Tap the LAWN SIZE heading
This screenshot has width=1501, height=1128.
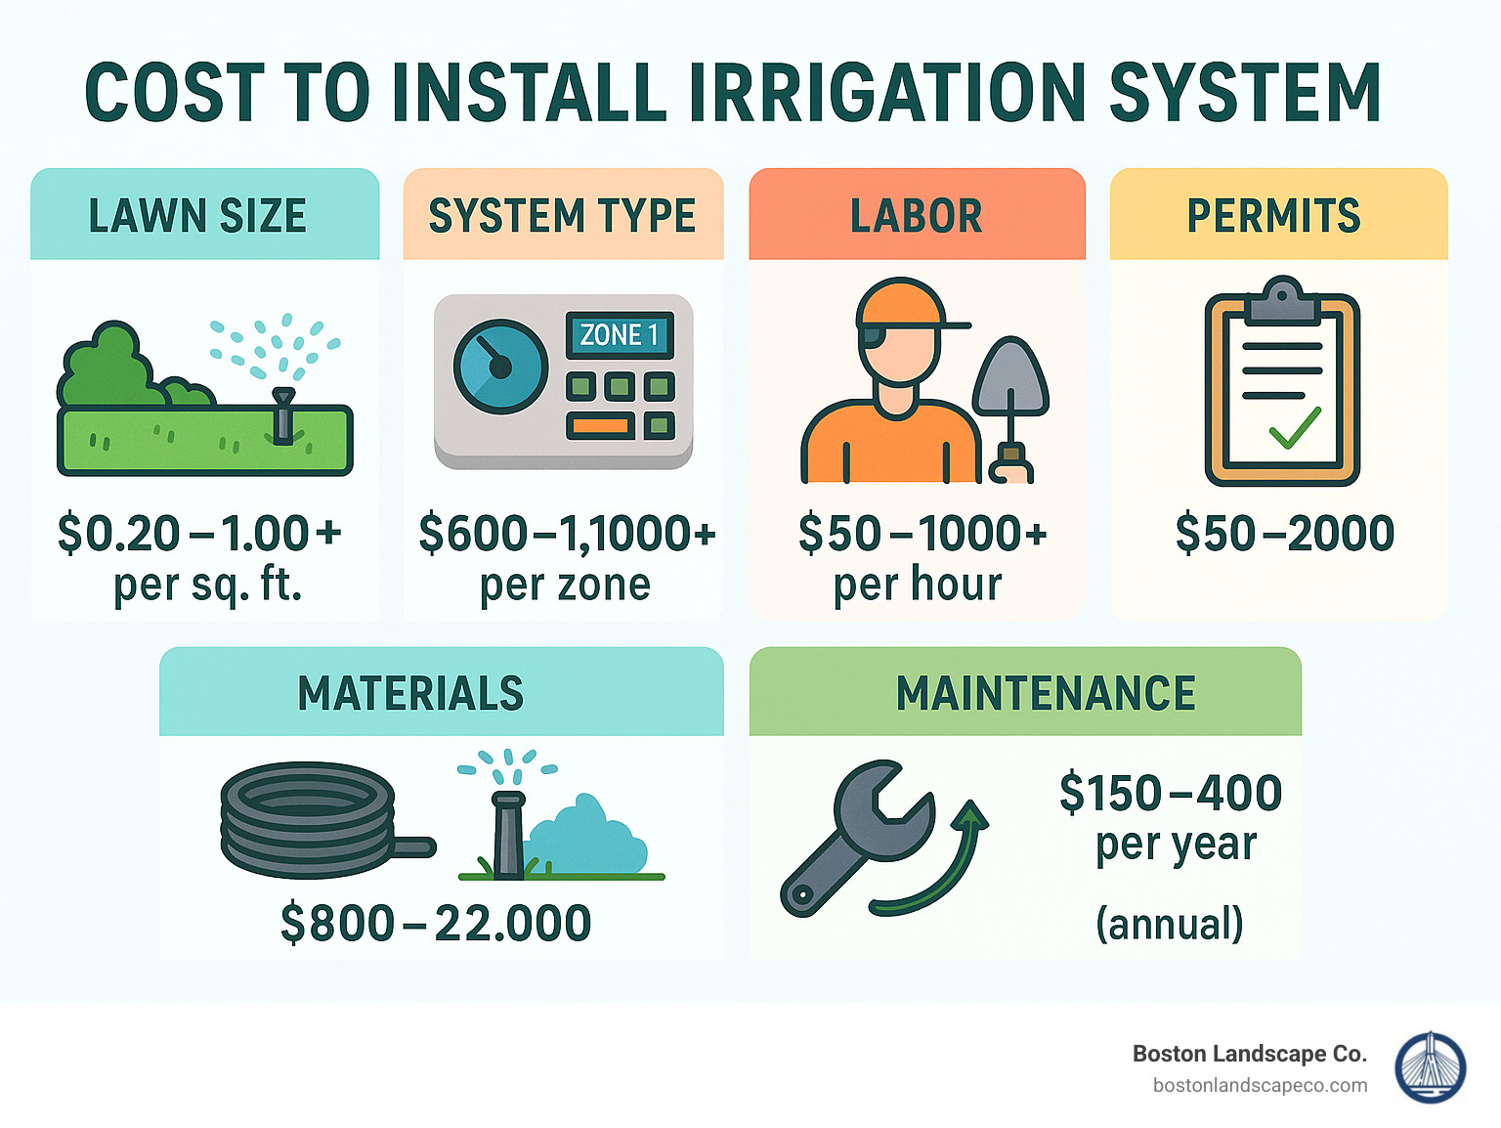(x=197, y=216)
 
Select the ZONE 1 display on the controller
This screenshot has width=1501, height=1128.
(x=620, y=335)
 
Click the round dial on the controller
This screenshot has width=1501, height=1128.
(x=500, y=367)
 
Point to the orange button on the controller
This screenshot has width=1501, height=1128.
(x=600, y=426)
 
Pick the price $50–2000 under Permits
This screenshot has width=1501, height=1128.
(x=1284, y=534)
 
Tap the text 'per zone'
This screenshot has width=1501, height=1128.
(x=565, y=585)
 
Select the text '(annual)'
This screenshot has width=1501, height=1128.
(x=1170, y=923)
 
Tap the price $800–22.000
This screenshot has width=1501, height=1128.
(x=436, y=923)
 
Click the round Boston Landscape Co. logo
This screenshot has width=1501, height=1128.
(x=1431, y=1068)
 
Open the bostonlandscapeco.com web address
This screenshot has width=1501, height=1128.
(x=1260, y=1085)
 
